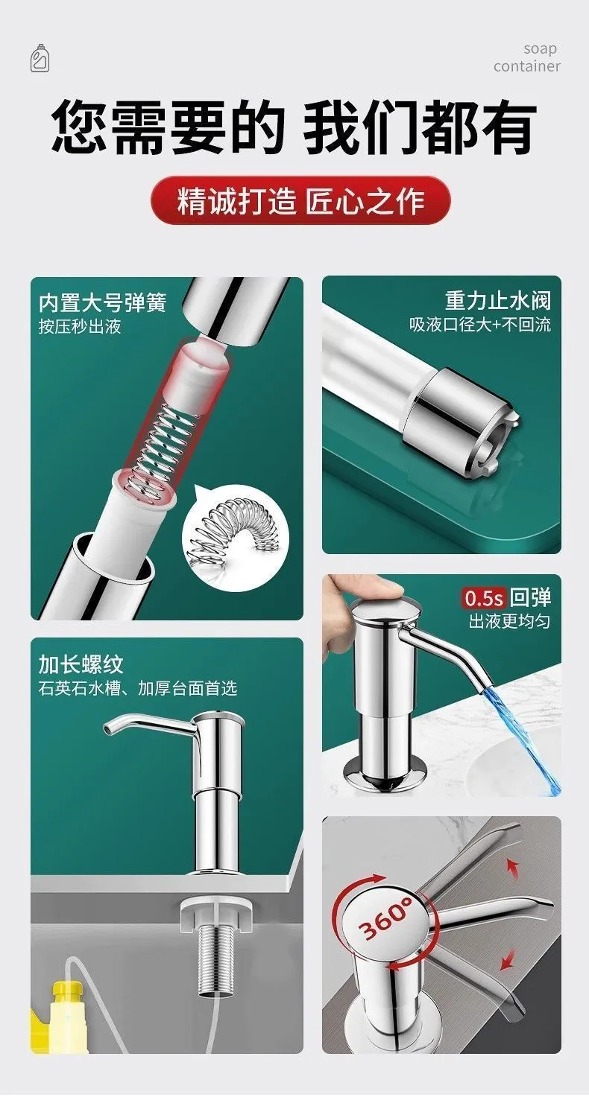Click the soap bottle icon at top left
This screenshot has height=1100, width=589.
pos(40,58)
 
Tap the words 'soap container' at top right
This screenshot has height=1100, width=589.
pos(527,57)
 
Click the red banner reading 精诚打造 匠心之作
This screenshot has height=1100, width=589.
pos(300,200)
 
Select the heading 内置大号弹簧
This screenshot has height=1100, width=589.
pos(103,302)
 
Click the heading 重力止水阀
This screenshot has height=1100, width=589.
pos(498,300)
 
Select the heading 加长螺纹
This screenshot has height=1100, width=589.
pos(81,664)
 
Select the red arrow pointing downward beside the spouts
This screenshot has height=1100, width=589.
pos(508,958)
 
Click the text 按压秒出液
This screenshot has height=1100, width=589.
pos(80,327)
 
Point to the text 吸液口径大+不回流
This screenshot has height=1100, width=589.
pos(480,325)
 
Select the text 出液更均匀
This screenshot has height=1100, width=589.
pos(509,622)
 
